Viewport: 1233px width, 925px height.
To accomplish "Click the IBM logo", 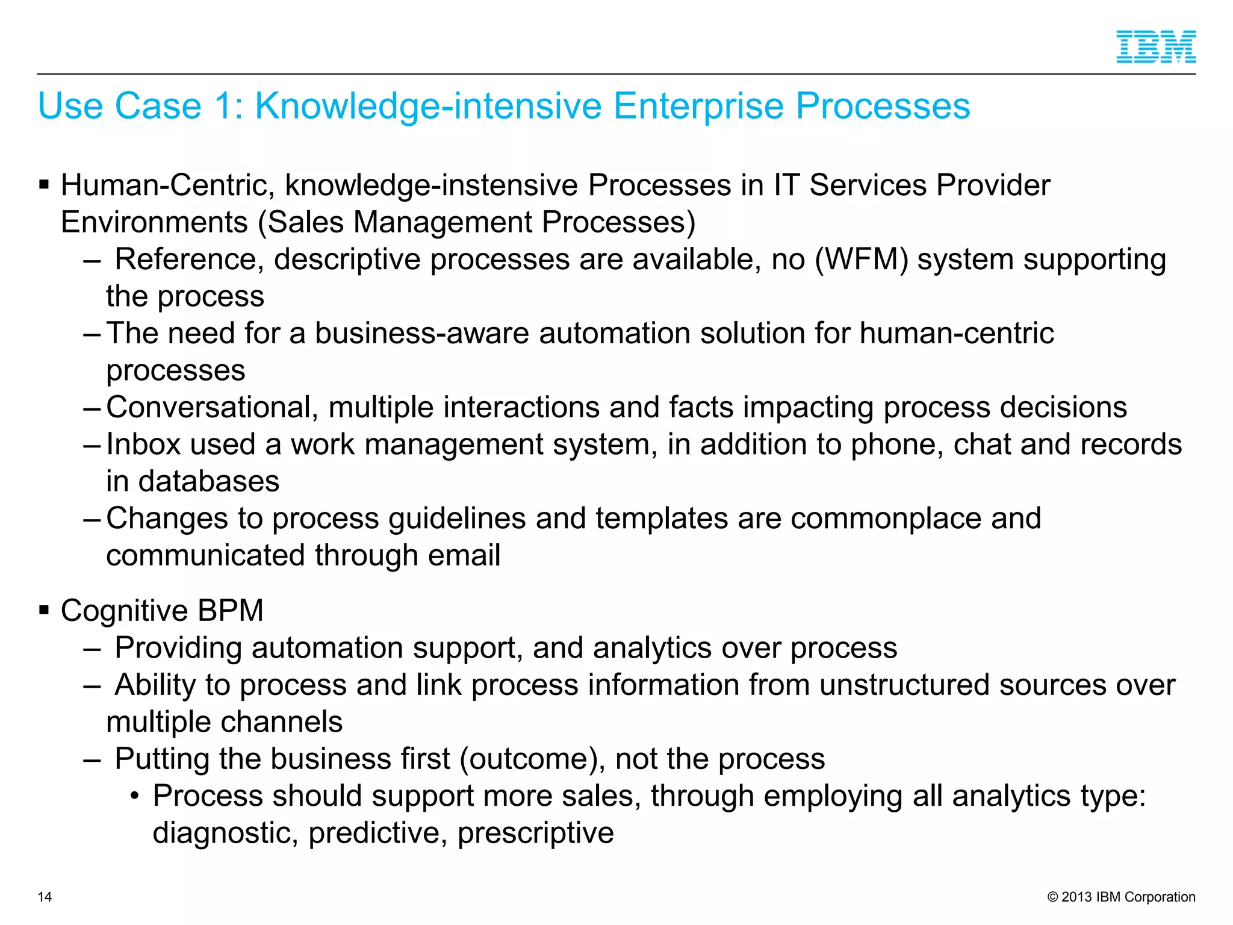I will pos(1156,46).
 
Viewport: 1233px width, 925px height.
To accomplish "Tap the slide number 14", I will pos(45,897).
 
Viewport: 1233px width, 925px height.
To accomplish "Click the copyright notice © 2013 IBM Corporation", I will pos(1121,897).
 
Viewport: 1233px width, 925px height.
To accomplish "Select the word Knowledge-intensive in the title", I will pos(427,106).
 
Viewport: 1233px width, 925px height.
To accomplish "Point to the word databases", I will pos(209,482).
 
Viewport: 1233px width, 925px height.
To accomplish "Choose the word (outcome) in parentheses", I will pos(532,759).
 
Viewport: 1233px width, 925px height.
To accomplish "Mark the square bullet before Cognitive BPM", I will pos(44,611).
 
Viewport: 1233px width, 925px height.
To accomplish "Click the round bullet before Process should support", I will pos(135,797).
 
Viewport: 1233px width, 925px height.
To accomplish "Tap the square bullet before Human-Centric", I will pos(44,184).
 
